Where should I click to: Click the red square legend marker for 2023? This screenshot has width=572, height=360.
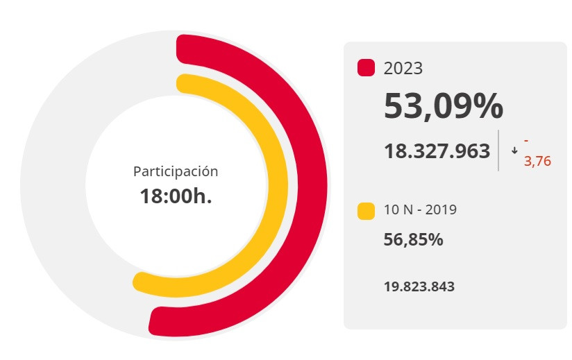tap(366, 68)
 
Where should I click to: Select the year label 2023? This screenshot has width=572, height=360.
tap(403, 68)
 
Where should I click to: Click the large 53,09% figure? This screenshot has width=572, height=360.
tap(444, 106)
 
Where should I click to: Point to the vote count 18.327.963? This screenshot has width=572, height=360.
tap(437, 151)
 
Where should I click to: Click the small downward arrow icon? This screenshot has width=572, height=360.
tap(514, 151)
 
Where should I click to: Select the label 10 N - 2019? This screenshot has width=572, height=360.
tap(420, 209)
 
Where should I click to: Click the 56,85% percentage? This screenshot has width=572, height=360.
tap(413, 240)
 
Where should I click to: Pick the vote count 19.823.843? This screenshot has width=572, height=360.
tap(419, 286)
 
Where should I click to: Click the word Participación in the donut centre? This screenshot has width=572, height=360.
tap(176, 171)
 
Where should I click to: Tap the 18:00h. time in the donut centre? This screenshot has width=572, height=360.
tap(176, 196)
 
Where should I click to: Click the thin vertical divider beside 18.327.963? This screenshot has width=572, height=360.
tap(498, 150)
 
